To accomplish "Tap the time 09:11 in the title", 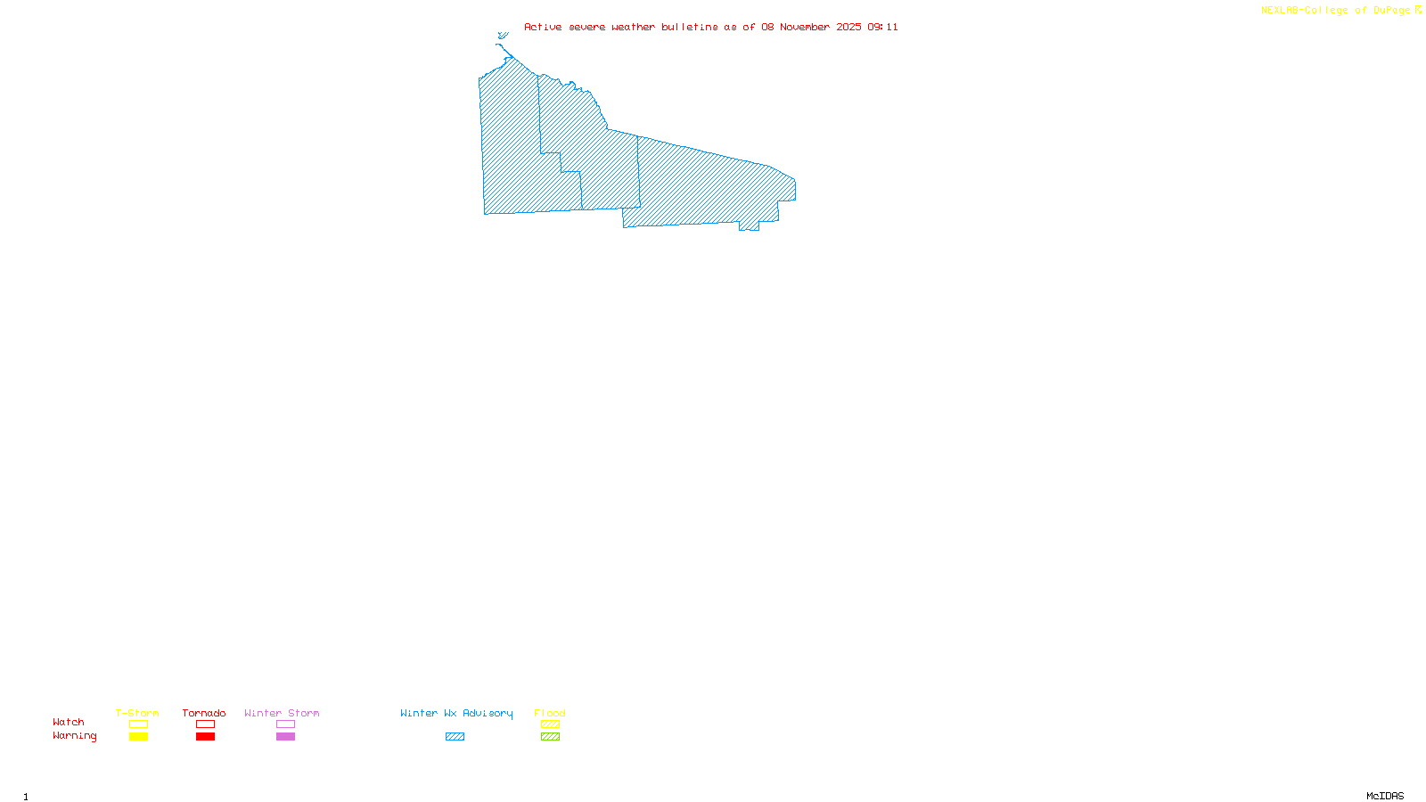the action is point(882,27).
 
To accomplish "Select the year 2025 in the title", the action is point(848,27).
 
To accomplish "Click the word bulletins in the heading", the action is point(689,27).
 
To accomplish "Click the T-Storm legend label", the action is point(137,713).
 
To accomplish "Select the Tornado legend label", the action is point(204,713).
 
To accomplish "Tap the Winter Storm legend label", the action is point(282,713).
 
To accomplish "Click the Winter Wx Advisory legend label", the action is point(456,713).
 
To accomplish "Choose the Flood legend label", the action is point(550,713).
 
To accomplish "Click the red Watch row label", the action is point(69,722).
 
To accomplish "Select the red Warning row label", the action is point(74,736).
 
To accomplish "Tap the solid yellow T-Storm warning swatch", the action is point(138,737).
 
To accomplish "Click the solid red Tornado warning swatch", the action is point(206,737).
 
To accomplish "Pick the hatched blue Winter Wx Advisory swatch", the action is point(455,737).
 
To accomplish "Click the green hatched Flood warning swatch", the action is point(550,737).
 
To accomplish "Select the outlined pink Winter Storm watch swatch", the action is point(285,724).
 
